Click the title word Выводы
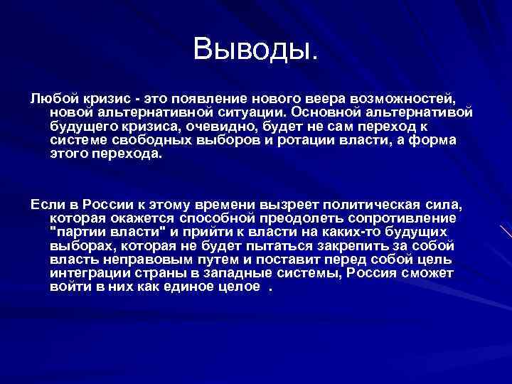click(x=256, y=49)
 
